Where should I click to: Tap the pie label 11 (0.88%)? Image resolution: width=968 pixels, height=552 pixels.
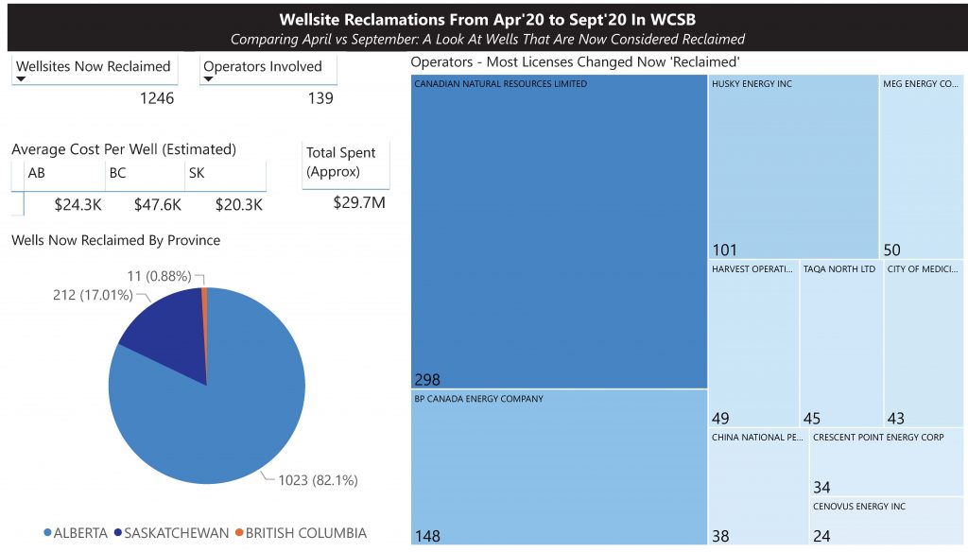pos(159,276)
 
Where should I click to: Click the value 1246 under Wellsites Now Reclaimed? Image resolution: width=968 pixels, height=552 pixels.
pos(156,98)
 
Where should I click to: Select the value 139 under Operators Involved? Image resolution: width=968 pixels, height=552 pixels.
pos(320,98)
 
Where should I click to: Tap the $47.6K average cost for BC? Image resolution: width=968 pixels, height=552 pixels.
pos(158,204)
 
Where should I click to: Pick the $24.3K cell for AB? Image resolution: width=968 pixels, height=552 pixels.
pos(78,204)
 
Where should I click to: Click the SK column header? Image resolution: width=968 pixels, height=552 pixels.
pos(197,173)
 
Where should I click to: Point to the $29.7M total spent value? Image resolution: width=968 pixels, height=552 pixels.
pos(359,202)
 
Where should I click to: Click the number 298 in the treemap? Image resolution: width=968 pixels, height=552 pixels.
pos(427,380)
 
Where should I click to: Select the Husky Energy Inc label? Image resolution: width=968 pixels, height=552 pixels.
pos(752,84)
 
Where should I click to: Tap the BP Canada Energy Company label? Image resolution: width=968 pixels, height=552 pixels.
pos(478,399)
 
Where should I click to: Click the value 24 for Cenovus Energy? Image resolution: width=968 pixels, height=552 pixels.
pos(821,536)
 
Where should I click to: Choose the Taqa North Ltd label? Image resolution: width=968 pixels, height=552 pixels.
pos(839,269)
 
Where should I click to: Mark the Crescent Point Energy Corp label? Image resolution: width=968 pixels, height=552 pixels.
pos(878,438)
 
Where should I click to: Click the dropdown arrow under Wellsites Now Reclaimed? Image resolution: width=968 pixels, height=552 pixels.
pos(21,80)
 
